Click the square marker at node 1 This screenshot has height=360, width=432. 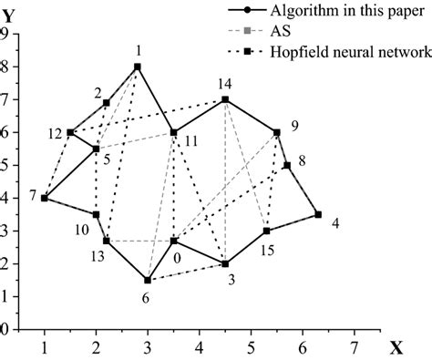click(138, 67)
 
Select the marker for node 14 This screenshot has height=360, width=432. click(225, 99)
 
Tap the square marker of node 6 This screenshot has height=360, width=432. click(148, 280)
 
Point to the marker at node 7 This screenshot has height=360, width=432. click(44, 198)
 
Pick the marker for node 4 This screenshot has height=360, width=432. click(318, 214)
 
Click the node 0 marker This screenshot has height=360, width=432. click(174, 241)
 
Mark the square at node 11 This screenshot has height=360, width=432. click(173, 132)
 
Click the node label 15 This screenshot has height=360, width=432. click(267, 248)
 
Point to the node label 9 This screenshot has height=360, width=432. click(294, 125)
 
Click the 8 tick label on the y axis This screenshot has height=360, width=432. click(5, 67)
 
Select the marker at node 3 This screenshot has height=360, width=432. click(225, 264)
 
